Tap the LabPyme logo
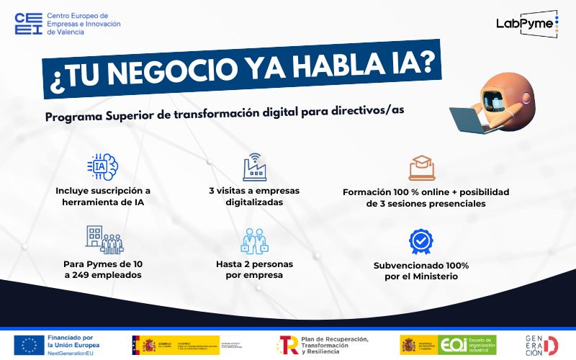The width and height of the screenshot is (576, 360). [528, 23]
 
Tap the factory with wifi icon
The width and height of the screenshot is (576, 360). [254, 168]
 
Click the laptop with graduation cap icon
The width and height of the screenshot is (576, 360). [421, 168]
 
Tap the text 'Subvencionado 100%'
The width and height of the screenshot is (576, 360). [421, 265]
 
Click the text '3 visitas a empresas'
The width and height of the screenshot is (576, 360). [254, 191]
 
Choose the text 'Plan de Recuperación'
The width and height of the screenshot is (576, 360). [335, 338]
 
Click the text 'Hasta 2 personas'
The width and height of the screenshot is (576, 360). [254, 264]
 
